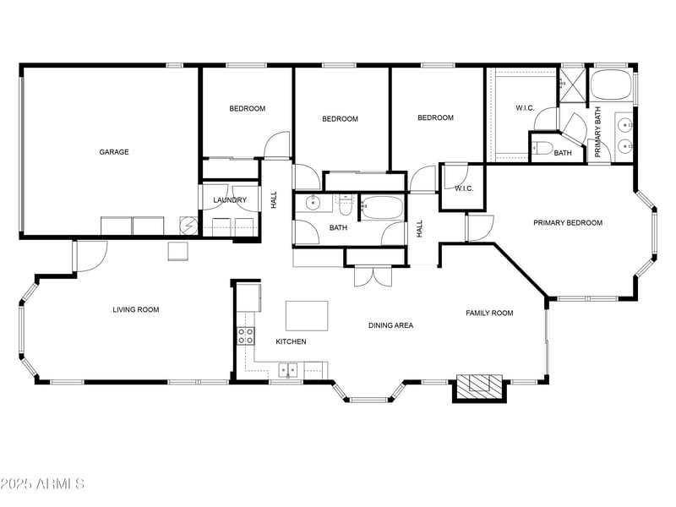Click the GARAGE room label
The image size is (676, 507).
(x=114, y=152)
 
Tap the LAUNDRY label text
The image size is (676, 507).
(x=230, y=200)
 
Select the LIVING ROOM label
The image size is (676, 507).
(x=136, y=310)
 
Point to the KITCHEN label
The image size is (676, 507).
(x=291, y=341)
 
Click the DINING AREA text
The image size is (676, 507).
(x=390, y=324)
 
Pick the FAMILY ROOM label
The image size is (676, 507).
(x=489, y=313)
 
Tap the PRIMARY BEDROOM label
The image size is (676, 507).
(x=567, y=223)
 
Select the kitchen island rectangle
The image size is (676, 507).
(x=306, y=315)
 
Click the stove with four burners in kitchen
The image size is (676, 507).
(x=245, y=335)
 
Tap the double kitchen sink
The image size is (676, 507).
(x=288, y=368)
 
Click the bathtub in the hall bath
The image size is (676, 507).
(x=384, y=207)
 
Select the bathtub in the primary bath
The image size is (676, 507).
(x=610, y=85)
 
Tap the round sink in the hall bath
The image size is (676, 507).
(x=313, y=203)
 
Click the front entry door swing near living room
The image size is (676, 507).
(x=90, y=254)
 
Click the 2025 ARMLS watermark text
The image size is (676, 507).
(x=42, y=484)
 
